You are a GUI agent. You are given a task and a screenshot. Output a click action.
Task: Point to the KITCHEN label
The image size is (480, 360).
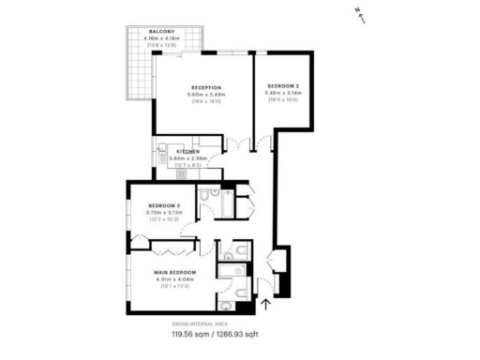(x=187, y=151)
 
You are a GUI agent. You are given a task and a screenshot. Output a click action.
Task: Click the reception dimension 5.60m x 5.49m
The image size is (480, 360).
(x=205, y=95)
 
